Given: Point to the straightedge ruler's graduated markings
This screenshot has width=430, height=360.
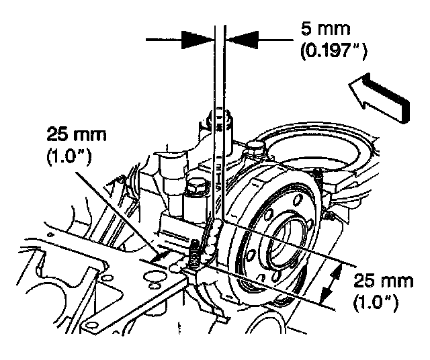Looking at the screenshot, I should coord(219,161).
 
